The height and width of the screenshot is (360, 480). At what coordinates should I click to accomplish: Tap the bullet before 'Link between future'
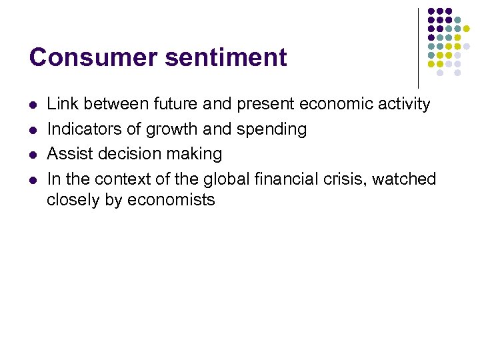(x=33, y=105)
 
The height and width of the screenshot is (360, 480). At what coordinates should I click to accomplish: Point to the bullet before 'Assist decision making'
(x=33, y=155)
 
